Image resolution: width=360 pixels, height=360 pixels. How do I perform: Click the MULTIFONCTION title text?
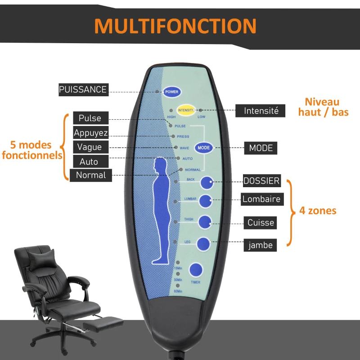click(x=175, y=26)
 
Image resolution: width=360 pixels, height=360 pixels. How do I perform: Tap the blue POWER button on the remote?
click(x=172, y=92)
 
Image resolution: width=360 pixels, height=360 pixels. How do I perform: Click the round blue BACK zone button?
click(x=207, y=183)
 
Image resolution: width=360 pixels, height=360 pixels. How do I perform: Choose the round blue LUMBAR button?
click(x=206, y=202)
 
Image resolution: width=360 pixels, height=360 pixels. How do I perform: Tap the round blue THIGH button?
click(x=205, y=221)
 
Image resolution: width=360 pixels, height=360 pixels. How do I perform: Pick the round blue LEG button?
click(x=203, y=244)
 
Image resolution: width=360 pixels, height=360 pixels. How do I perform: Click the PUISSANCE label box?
click(x=83, y=90)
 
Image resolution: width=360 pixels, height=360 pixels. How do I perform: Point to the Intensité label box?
click(x=261, y=111)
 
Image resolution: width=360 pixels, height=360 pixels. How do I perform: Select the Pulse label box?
click(x=90, y=118)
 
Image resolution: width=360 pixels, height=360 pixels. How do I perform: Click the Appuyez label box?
click(x=90, y=133)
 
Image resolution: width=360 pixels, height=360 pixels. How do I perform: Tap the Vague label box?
click(x=90, y=147)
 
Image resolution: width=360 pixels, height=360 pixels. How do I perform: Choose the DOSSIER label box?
click(x=261, y=181)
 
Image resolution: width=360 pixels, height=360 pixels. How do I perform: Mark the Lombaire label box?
click(x=261, y=199)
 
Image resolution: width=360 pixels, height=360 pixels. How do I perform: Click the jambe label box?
click(x=261, y=246)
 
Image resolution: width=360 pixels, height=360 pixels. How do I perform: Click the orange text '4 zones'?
click(x=318, y=210)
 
